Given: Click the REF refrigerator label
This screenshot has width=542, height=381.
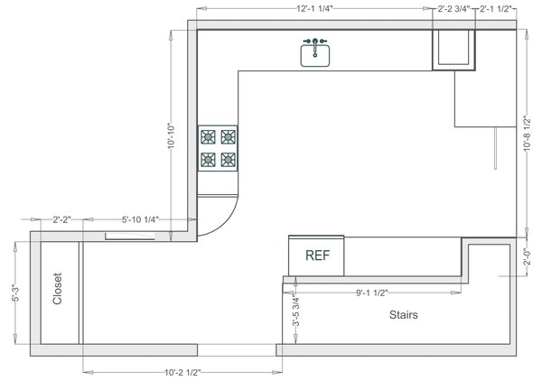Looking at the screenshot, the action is pos(318,256).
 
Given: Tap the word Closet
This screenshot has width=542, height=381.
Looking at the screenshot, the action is pos(58,289).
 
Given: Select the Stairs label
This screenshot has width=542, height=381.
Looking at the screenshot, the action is pos(404,315).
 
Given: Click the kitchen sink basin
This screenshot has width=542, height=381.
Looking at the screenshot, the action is pos(315,56).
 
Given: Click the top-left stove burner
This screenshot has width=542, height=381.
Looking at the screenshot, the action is pos(208,137).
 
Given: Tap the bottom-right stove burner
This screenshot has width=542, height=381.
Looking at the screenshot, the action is pos(229,160).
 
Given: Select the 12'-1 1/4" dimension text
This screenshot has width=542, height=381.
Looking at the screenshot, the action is pos(314,9).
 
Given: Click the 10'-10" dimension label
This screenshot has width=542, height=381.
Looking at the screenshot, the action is pos(172,136).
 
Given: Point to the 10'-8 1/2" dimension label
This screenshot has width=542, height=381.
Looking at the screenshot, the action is pos(527,134).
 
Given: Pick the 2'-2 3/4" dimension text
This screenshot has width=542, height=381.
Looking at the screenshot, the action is pos(453,9).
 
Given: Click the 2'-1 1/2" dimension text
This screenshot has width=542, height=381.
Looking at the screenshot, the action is pos(495,9).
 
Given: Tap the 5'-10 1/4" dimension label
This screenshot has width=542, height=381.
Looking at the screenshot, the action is pos(140,219).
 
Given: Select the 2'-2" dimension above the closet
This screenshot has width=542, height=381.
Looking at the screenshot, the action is pos(61,219).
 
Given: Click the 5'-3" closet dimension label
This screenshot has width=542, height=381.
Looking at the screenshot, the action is pos(16,293).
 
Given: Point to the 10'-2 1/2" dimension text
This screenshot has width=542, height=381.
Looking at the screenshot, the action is pos(182,372).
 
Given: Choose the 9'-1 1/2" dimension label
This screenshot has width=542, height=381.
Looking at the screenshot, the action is pos(372,293).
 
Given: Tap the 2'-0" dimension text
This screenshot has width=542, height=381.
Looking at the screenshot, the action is pos(527,257).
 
